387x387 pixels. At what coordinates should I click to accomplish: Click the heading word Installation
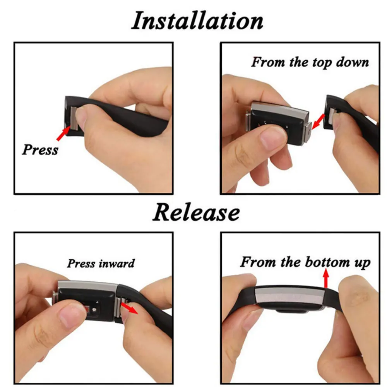pyautogui.click(x=197, y=21)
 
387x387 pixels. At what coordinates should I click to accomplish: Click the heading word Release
pyautogui.click(x=196, y=212)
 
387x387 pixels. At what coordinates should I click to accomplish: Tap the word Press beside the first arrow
pyautogui.click(x=40, y=149)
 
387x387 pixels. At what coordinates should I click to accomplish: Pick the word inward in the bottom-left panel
pyautogui.click(x=116, y=264)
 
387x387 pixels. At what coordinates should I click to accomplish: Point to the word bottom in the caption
pyautogui.click(x=327, y=262)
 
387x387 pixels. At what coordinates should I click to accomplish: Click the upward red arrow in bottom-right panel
pyautogui.click(x=326, y=279)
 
